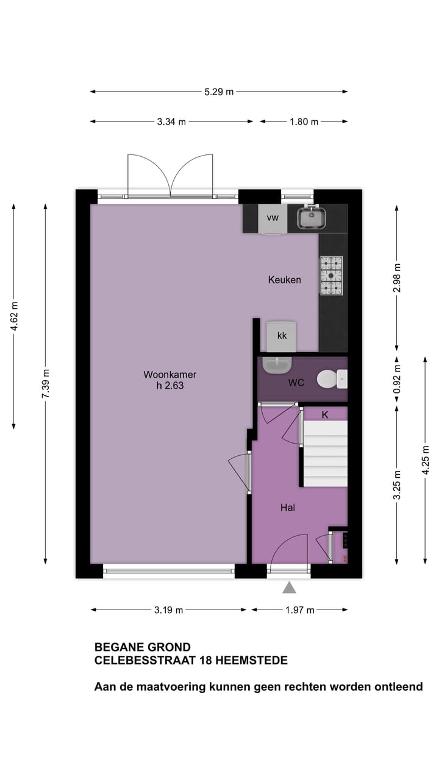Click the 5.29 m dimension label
[x=219, y=92]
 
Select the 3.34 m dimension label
[x=171, y=121]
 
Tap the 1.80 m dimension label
[x=303, y=121]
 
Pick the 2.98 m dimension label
[x=397, y=278]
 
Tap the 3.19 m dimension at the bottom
[x=169, y=610]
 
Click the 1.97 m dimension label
[x=300, y=610]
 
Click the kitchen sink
[x=312, y=217]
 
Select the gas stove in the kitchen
[x=331, y=276]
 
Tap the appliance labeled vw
[x=272, y=218]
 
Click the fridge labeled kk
[x=281, y=336]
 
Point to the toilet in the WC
[x=330, y=379]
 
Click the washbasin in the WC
[x=277, y=365]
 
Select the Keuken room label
[x=284, y=280]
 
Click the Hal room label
[x=288, y=507]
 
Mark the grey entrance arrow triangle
[x=289, y=588]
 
